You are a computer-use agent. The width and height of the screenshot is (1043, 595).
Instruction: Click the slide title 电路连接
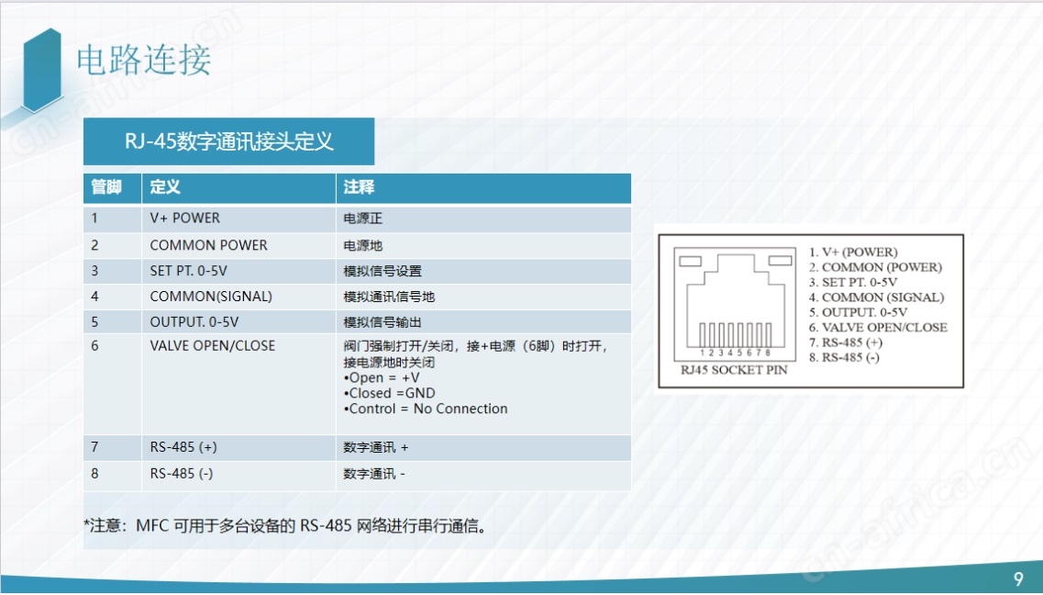point(144,60)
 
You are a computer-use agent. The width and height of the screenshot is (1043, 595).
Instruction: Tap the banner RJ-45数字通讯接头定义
point(228,141)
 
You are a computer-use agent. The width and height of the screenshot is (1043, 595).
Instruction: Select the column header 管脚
point(106,187)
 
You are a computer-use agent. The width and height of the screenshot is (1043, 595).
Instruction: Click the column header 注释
point(359,187)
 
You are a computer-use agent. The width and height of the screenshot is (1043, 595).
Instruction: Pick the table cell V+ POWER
point(185,219)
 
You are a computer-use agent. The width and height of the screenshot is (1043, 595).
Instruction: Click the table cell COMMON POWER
point(209,245)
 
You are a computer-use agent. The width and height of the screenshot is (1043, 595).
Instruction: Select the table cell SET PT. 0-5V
point(188,271)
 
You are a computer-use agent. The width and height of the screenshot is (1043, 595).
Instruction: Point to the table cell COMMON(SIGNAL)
point(211,297)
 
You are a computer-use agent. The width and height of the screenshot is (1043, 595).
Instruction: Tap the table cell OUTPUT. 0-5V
point(194,322)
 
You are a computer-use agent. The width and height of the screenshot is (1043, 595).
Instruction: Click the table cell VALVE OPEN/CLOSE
point(212,346)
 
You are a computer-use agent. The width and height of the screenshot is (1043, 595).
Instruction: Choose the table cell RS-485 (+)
point(183,447)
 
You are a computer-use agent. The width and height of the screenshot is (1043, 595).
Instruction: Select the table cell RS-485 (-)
point(182,474)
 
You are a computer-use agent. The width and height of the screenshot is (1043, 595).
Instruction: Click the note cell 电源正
point(362,219)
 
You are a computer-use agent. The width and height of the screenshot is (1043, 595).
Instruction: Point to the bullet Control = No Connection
point(426,409)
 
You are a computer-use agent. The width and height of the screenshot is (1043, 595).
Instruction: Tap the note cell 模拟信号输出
point(383,322)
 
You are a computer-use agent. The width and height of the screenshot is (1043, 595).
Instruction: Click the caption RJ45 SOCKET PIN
point(734,370)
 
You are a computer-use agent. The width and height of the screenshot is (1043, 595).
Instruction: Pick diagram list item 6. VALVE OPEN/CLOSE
point(878,328)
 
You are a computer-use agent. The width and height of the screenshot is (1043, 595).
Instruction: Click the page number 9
point(1018,578)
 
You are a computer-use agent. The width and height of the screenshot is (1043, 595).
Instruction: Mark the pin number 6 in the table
point(94,346)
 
